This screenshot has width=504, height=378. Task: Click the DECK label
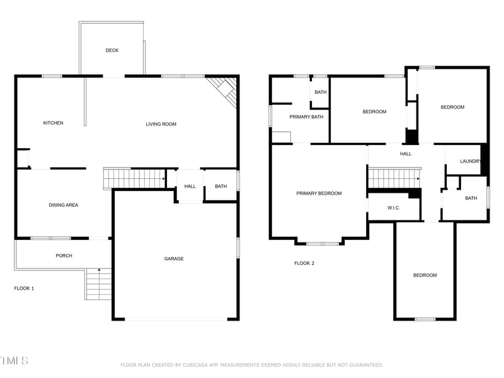(x=112, y=50)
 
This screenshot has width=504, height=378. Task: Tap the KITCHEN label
(x=53, y=123)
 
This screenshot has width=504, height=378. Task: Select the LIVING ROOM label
(x=161, y=124)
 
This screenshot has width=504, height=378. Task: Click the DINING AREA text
(x=64, y=205)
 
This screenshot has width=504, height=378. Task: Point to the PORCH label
(x=64, y=256)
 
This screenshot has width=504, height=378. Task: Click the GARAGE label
(x=174, y=258)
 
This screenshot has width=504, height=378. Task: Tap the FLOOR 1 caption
(x=24, y=288)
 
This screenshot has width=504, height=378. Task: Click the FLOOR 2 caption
(x=304, y=263)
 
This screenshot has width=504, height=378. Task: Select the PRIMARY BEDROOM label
(x=319, y=193)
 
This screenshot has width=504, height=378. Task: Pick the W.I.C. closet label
(x=394, y=208)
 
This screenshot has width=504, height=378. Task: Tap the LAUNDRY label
(x=471, y=161)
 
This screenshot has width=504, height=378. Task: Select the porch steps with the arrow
(x=98, y=284)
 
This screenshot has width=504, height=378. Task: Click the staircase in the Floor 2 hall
(x=394, y=178)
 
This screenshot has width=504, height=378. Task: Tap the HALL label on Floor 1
(x=190, y=186)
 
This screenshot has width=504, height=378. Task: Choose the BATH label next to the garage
(x=220, y=186)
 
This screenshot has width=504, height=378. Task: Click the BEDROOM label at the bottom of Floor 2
(x=425, y=275)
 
